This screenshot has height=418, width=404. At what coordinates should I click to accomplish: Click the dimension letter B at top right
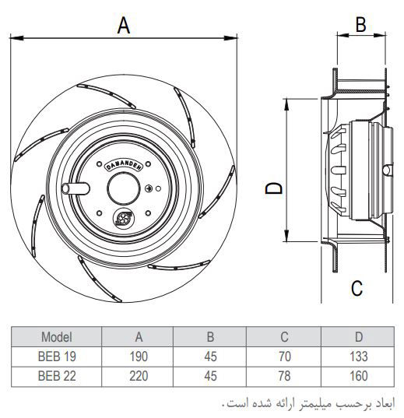[360, 24]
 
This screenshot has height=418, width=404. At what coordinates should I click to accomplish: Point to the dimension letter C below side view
[356, 288]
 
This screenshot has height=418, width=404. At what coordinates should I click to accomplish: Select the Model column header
[56, 337]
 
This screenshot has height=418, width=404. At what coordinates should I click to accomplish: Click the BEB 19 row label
[56, 358]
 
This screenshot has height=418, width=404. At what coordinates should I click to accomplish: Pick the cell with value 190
[139, 358]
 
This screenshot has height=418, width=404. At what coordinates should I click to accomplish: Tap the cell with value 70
[284, 358]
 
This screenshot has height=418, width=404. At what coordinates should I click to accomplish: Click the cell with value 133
[358, 358]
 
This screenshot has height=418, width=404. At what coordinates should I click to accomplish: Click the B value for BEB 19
[210, 358]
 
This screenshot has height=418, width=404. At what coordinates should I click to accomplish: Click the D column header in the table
[358, 337]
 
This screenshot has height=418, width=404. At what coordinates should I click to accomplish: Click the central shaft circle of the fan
[122, 188]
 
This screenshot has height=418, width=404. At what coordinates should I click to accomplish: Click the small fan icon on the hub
[122, 220]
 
